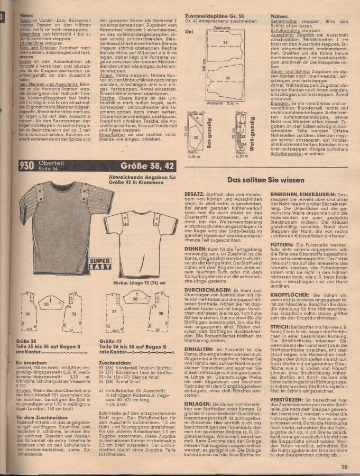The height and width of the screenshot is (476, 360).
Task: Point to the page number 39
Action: [x=344, y=467]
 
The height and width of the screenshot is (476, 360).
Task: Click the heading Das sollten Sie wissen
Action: [x=274, y=180]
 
